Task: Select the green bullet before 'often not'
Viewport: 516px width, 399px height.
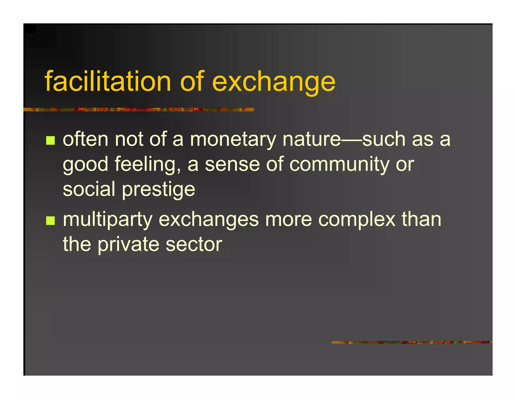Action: click(50, 140)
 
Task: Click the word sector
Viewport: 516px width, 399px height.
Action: click(194, 245)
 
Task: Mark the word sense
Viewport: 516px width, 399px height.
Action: click(232, 164)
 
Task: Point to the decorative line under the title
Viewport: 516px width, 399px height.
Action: click(139, 109)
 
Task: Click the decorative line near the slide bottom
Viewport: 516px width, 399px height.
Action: click(412, 342)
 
